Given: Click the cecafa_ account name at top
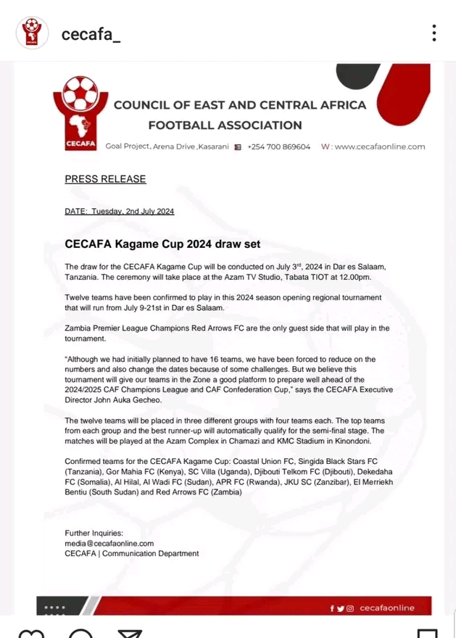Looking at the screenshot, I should (91, 33).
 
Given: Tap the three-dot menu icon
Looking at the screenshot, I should (434, 33).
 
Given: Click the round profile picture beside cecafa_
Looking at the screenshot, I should (33, 33).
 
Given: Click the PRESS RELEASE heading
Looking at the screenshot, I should (105, 179).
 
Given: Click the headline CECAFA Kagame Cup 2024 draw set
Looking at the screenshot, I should (162, 244).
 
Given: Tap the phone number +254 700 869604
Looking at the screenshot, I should (278, 147).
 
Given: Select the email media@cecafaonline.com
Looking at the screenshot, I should (109, 543).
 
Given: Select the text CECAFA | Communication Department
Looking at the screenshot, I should (131, 553).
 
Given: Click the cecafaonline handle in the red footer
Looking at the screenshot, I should (387, 608).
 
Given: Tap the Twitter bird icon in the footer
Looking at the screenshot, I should (341, 608).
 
